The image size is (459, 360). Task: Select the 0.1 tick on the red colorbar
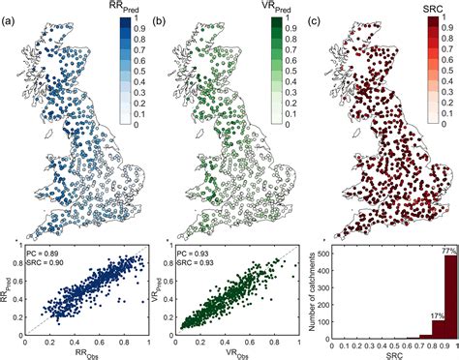444,113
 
